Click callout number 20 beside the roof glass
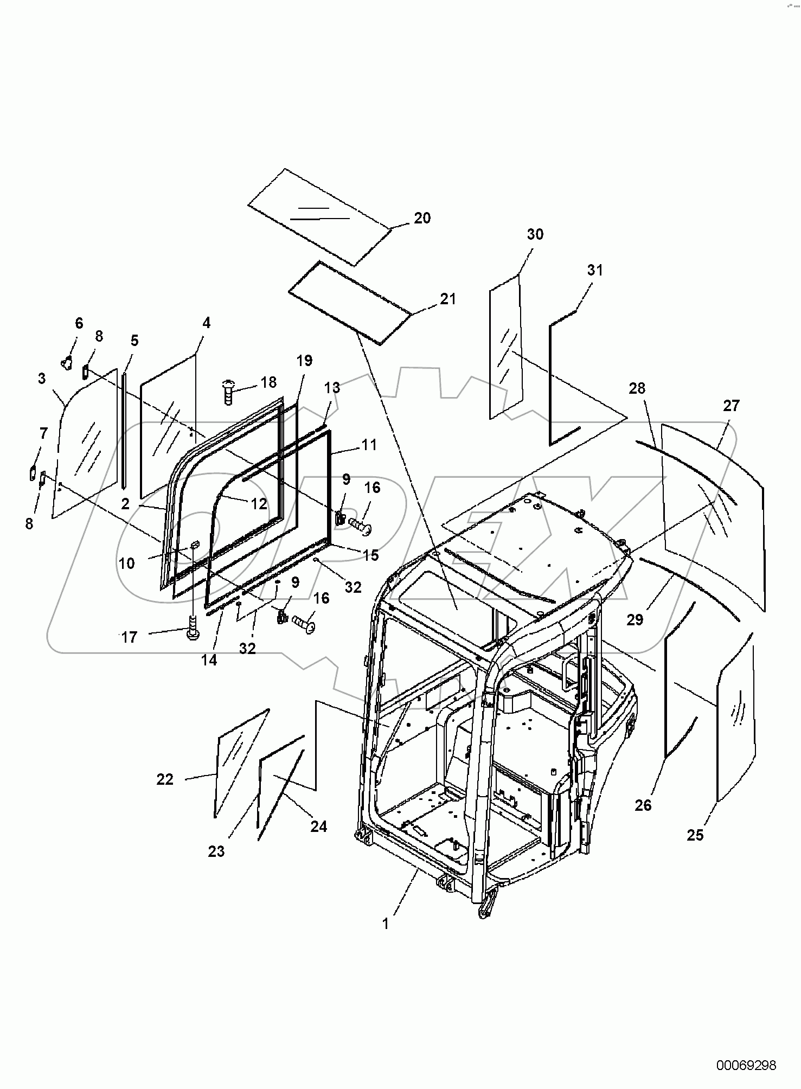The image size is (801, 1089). [x=422, y=218]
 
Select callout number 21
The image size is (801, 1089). [x=448, y=299]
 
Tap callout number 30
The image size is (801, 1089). [x=535, y=234]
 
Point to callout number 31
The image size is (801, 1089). [x=595, y=270]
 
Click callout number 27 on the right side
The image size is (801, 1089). [x=731, y=406]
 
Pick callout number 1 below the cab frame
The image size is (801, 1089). [x=386, y=924]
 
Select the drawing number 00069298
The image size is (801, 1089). [x=746, y=1065]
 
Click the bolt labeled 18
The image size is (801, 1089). [x=228, y=392]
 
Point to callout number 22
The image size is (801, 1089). [x=165, y=779]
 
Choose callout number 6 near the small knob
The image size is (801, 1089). [x=79, y=323]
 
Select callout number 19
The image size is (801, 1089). [x=305, y=361]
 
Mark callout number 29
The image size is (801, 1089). [x=635, y=619]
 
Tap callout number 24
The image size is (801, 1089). [x=319, y=827]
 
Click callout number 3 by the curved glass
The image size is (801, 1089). [x=42, y=379]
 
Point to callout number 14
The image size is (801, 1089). [x=209, y=660]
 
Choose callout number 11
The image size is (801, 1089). [x=369, y=445]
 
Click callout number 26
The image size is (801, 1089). [x=643, y=805]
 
